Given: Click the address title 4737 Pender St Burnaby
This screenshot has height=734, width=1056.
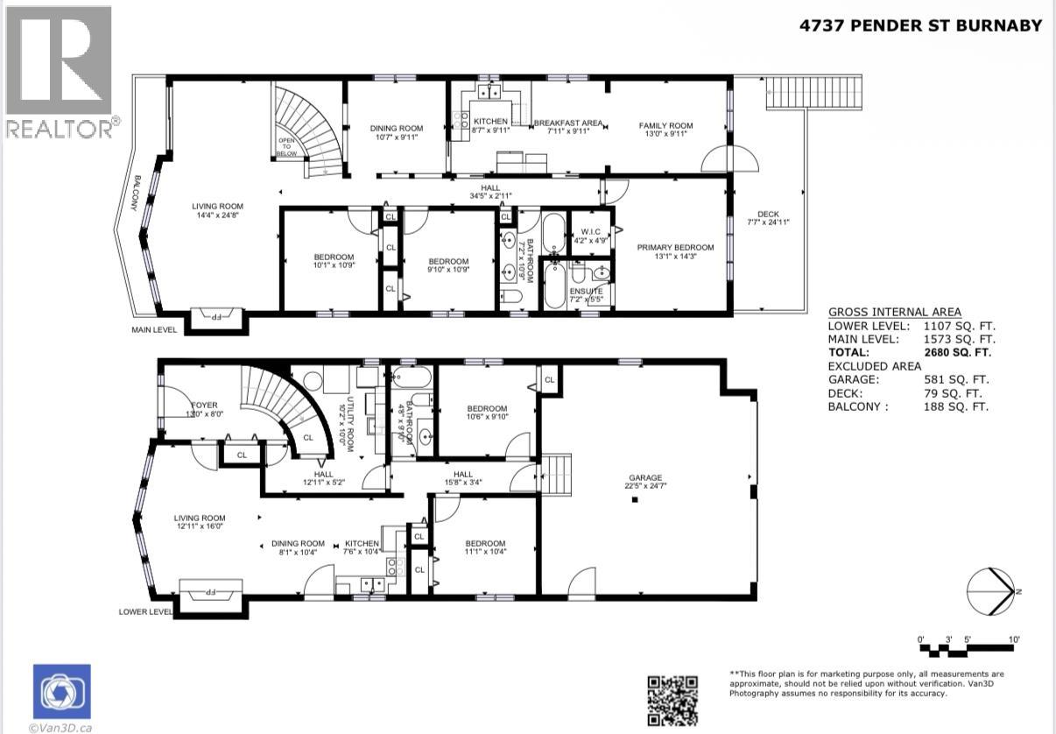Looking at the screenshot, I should [920, 25].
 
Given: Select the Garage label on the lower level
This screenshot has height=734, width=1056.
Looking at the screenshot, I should [643, 478].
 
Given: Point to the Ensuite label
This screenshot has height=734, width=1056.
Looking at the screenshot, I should [587, 291].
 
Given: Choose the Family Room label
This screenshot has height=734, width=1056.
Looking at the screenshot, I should [665, 125].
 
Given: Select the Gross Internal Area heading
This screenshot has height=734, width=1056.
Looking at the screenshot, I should [894, 312].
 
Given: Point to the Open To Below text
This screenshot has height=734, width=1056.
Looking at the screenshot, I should [285, 145].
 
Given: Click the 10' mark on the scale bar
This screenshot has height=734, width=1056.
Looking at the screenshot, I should [1013, 640].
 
